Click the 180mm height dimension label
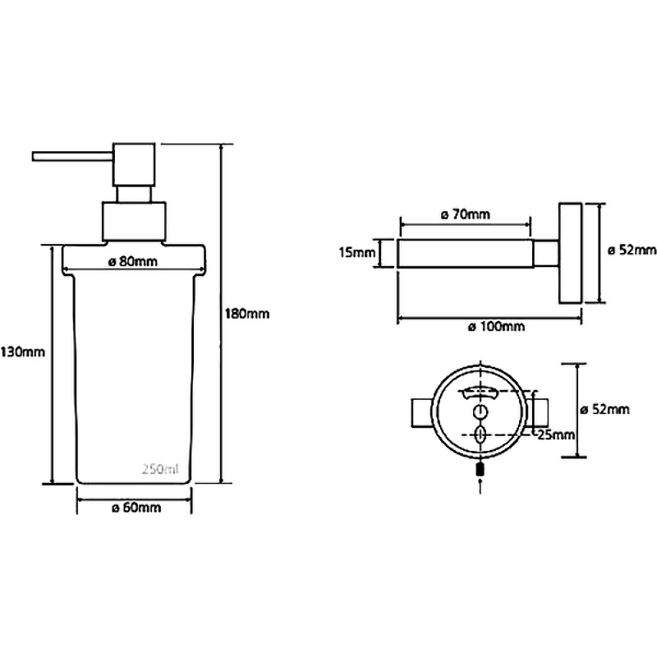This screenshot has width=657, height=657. point(247,314)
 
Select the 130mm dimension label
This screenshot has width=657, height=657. point(23,351)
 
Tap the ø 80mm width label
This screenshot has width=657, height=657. point(133,262)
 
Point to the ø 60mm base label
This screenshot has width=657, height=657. point(136,508)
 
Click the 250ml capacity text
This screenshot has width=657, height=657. point(160,469)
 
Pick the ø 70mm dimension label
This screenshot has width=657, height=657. point(466,214)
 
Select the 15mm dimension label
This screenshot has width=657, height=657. point(357,253)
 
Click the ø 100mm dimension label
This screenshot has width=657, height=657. point(497,326)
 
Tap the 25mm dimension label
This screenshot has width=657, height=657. point(556,435)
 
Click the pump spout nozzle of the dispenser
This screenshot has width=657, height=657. point(72,156)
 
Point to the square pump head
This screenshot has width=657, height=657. point(134,165)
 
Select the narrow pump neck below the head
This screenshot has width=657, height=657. point(134,195)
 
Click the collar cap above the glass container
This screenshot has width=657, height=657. point(134,222)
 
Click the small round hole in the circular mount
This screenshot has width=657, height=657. point(480,413)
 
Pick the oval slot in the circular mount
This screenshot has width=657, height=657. point(480,435)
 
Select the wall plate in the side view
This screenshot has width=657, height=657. point(570,253)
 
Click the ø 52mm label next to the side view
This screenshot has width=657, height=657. point(632,250)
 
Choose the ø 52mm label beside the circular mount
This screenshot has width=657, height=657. point(604,409)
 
